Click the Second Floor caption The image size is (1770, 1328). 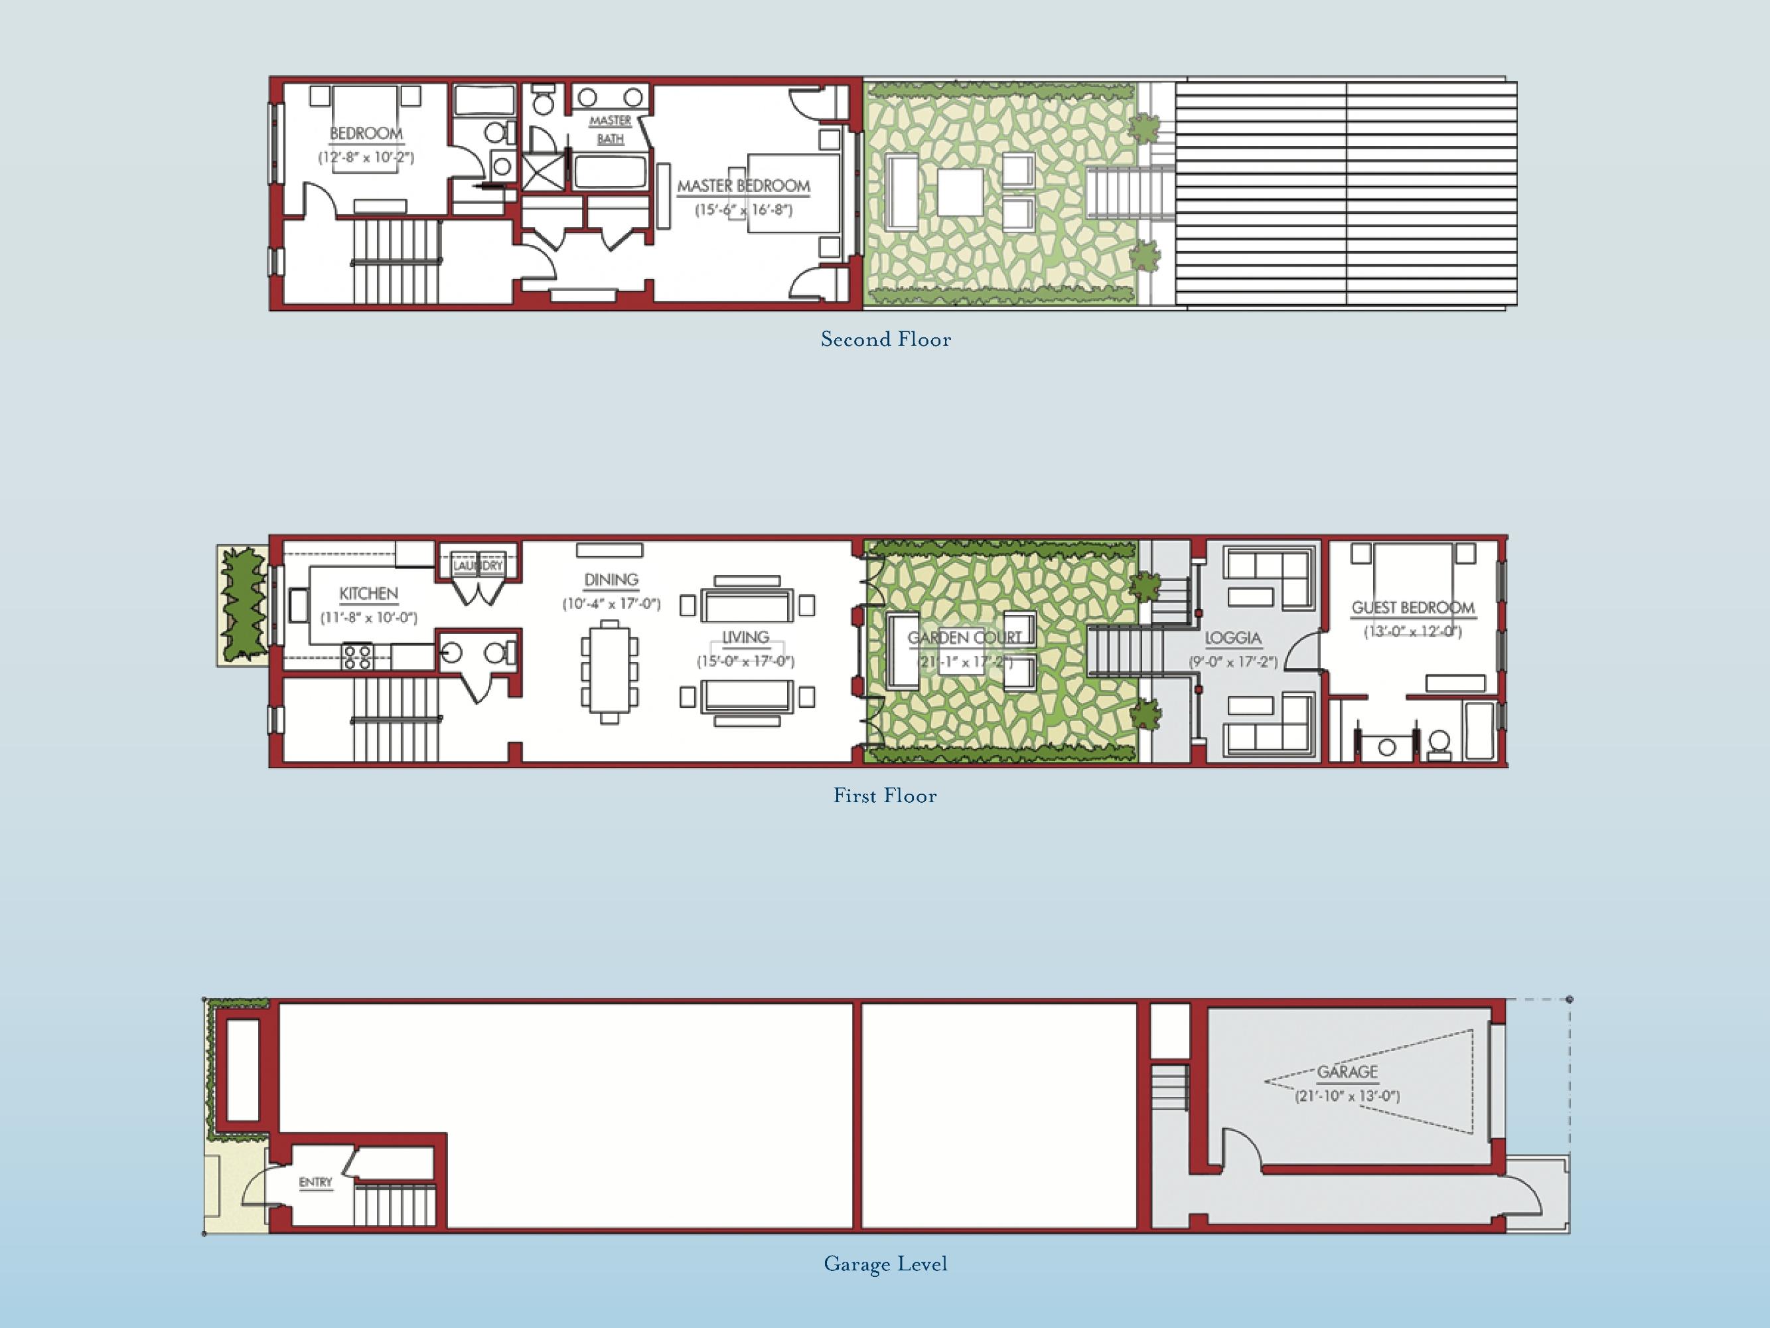coord(886,339)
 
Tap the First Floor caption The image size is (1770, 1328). coord(885,795)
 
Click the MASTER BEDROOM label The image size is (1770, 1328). coord(743,186)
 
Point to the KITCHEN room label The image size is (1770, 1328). coord(368,593)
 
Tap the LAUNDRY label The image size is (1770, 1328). coord(478,565)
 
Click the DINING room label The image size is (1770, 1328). coord(611,580)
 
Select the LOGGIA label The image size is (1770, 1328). coord(1233,638)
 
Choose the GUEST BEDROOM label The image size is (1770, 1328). coord(1413,608)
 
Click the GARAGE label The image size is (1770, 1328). coord(1347,1071)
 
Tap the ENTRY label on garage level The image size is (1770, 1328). coord(315,1183)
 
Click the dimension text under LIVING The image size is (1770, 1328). coord(745,661)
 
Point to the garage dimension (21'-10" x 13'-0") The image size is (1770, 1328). coord(1347,1096)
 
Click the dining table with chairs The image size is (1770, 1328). coord(610,671)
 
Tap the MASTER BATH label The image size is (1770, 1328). coord(611,129)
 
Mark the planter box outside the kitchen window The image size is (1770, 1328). coord(242,604)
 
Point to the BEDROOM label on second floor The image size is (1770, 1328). coord(366,133)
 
